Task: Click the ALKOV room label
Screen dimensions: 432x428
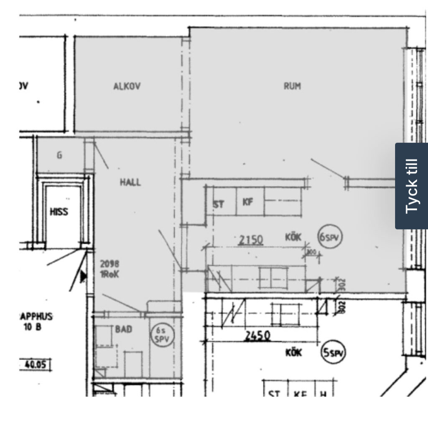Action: point(127,86)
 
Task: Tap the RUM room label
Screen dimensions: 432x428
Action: point(292,86)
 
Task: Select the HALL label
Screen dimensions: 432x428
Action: point(130,182)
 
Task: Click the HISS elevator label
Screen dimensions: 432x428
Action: point(59,212)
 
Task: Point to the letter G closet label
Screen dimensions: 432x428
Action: point(59,156)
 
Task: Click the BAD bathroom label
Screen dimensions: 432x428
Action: point(123,329)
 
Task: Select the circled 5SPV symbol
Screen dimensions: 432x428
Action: point(334,353)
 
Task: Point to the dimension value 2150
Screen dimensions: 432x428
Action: point(250,240)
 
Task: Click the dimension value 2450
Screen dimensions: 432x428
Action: point(257,335)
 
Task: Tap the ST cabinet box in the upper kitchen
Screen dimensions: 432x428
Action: point(219,204)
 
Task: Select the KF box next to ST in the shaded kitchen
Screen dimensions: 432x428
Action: point(248,202)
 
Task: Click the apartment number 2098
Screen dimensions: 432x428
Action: point(110,264)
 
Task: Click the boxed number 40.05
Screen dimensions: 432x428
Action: point(35,365)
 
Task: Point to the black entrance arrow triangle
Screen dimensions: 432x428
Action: point(83,275)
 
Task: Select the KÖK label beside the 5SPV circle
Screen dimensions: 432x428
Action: point(293,353)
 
